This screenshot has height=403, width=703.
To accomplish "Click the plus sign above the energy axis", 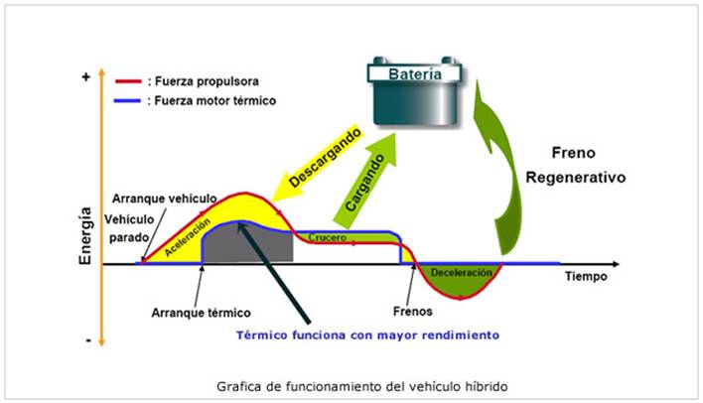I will [86, 76].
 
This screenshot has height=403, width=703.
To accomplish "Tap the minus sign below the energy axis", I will [87, 340].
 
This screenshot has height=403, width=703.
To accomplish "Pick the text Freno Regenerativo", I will [587, 167].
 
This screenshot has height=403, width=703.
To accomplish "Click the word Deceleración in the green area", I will [460, 270].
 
